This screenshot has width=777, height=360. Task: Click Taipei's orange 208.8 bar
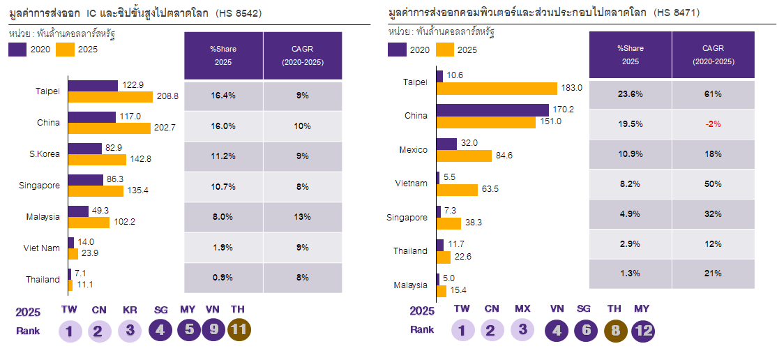point(110,97)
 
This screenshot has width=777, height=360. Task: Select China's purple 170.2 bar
point(492,110)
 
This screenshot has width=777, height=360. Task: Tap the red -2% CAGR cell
point(714,124)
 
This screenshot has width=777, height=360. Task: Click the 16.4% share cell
point(223,96)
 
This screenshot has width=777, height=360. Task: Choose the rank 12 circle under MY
point(642,331)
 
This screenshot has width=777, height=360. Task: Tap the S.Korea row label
point(45,153)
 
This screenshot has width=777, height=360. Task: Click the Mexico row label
point(414,150)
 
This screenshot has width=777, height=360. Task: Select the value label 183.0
point(572,88)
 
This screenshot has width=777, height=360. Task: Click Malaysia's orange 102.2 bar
point(89,223)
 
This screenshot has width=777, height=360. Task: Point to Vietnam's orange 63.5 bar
point(457,190)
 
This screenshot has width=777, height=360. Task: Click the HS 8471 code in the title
point(676,13)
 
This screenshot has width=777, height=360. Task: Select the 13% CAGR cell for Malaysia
point(302,217)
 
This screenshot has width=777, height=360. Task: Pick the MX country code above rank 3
point(522,309)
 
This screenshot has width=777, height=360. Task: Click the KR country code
point(130,310)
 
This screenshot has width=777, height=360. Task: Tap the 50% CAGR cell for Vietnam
point(714,184)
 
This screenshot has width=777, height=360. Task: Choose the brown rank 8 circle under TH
point(615,331)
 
